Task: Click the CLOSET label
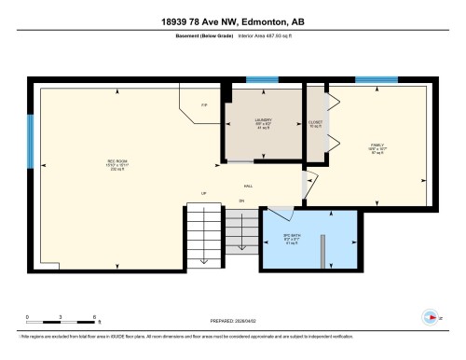(x=315, y=123)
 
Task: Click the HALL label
(x=249, y=185)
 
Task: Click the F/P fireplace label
(x=204, y=104)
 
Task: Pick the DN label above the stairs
(x=240, y=200)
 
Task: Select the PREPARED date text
(x=232, y=315)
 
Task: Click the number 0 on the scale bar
(x=27, y=318)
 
